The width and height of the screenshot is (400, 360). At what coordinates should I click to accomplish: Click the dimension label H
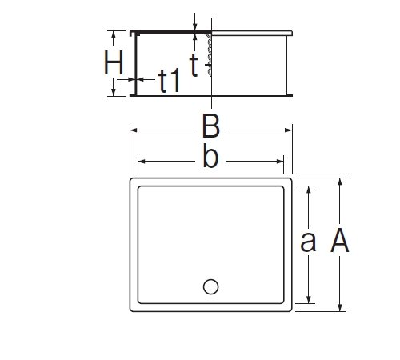114,62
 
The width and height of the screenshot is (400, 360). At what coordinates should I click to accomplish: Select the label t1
169,80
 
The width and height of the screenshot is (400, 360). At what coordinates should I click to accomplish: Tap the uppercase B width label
211,126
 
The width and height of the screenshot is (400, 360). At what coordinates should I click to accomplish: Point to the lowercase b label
210,155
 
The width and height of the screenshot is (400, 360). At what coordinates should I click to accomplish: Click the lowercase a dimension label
308,242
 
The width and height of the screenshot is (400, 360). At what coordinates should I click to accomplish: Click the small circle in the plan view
210,286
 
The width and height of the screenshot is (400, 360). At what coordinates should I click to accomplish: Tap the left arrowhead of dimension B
134,130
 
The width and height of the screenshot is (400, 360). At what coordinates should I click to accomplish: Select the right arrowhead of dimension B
289,130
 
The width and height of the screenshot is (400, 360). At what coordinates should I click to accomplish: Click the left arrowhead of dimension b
142,162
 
